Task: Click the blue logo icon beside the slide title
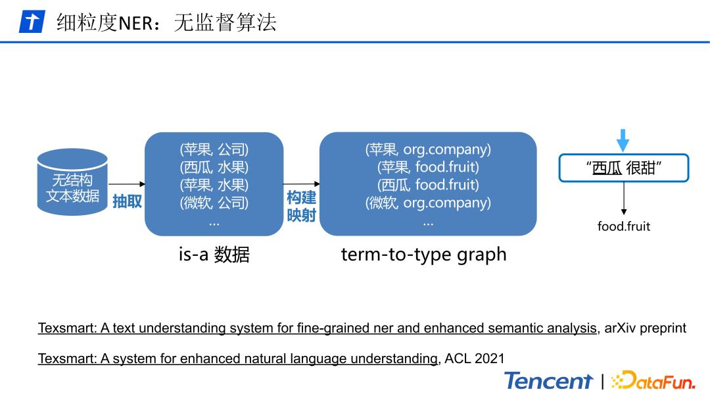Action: click(31, 22)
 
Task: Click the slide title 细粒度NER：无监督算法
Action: click(166, 22)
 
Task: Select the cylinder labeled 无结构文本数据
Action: click(72, 180)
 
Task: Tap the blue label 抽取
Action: click(127, 201)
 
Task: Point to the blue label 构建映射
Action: click(301, 207)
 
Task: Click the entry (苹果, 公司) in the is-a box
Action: click(214, 150)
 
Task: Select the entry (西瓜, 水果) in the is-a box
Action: click(214, 168)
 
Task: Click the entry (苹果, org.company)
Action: click(428, 150)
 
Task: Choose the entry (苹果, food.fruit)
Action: click(428, 168)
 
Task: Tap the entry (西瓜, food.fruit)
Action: click(428, 186)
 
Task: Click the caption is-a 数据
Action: click(214, 255)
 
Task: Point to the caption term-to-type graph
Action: click(423, 255)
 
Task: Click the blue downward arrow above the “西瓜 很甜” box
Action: click(623, 140)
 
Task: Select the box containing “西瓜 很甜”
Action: click(623, 168)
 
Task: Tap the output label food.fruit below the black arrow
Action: click(623, 226)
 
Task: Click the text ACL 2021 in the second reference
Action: click(475, 359)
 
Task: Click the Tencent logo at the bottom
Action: click(548, 381)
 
